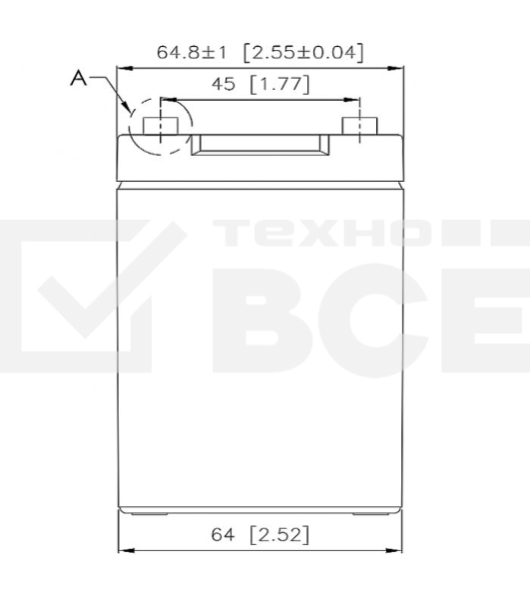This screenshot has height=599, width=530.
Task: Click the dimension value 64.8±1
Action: (191, 51)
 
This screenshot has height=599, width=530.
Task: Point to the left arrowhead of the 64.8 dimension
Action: (123, 68)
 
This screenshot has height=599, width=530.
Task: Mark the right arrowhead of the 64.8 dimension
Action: (398, 68)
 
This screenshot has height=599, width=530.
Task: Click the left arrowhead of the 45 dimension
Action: (165, 100)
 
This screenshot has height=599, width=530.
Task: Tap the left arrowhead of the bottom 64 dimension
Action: (125, 550)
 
